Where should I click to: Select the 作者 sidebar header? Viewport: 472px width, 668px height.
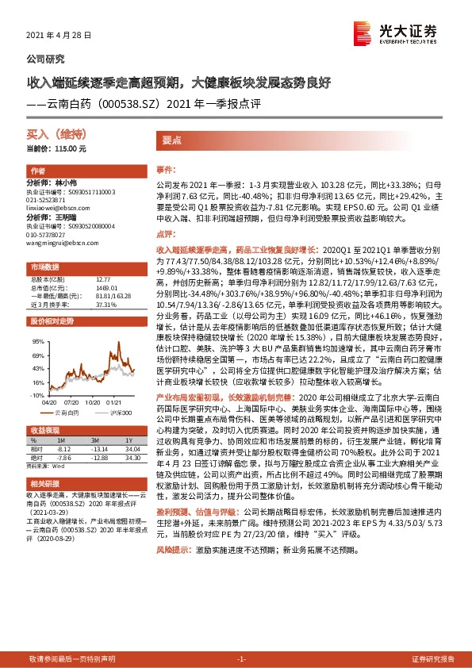(37, 171)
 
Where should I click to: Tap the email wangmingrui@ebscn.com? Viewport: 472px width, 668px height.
(61, 244)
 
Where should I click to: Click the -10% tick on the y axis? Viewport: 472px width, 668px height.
(37, 394)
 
